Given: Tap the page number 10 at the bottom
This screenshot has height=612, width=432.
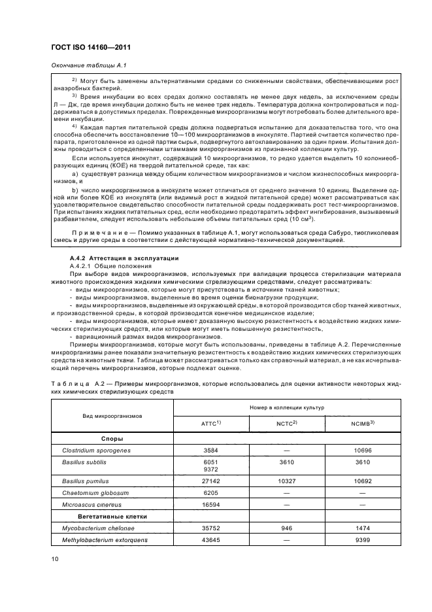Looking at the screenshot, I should (54, 558).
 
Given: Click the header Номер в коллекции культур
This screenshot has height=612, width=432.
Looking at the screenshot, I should (286, 407).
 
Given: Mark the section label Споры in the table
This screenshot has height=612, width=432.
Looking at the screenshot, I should (112, 439).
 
